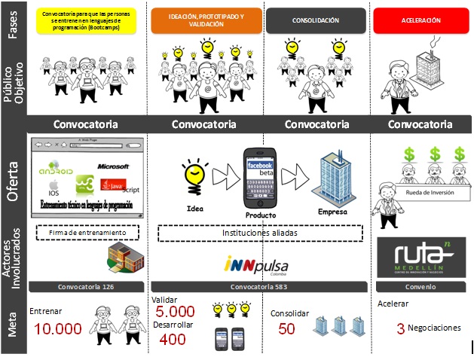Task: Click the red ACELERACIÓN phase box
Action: (421, 20)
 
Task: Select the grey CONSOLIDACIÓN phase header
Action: (316, 20)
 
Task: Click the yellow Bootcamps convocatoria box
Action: (85, 20)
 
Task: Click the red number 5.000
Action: (176, 311)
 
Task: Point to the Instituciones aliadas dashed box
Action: (258, 233)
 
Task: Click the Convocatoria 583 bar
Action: (258, 286)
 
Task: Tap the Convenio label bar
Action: (420, 286)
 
